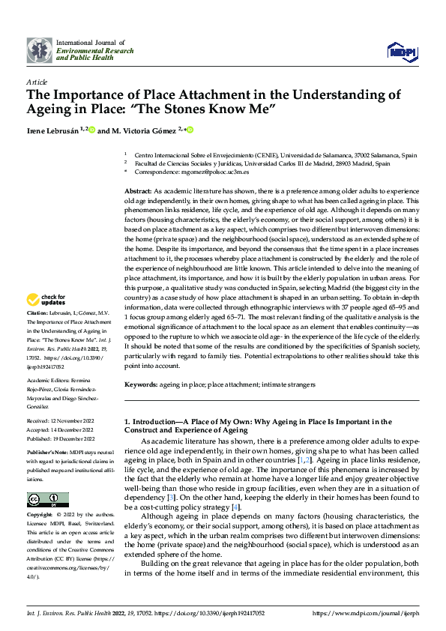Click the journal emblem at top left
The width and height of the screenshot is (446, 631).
click(40, 50)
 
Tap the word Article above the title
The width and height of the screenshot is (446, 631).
click(37, 82)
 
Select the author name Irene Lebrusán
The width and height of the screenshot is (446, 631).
click(52, 130)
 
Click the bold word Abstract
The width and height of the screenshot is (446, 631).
click(137, 192)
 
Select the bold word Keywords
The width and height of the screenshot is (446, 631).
click(141, 384)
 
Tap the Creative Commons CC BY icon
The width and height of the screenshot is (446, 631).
click(48, 500)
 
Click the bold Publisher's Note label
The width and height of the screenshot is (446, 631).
click(47, 453)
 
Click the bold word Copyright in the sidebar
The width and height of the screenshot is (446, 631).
click(40, 516)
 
